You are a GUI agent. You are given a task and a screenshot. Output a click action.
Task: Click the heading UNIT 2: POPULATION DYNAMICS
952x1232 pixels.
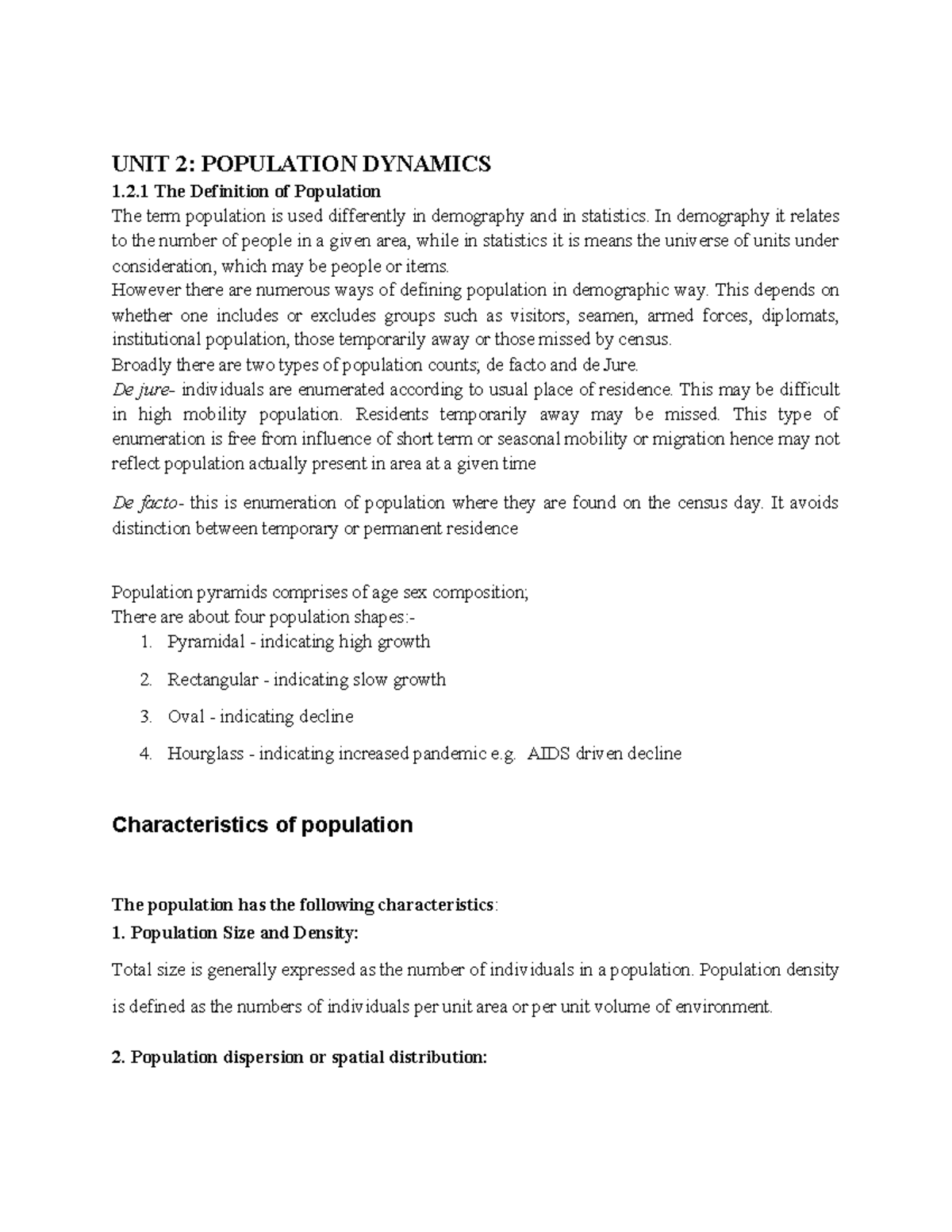(x=301, y=164)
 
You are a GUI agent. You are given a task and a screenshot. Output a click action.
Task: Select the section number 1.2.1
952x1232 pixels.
(x=131, y=191)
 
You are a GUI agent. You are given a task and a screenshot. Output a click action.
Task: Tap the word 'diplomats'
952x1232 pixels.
(x=799, y=316)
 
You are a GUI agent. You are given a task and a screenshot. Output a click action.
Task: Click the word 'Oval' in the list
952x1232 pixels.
(x=186, y=716)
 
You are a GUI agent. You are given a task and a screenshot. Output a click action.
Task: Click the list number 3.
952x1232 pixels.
(x=145, y=716)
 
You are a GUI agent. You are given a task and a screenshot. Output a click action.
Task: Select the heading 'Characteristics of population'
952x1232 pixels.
(x=263, y=825)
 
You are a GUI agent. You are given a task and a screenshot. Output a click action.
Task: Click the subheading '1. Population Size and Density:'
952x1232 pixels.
(x=236, y=933)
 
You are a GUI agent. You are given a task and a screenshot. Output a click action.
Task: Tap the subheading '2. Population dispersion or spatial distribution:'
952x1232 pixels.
(x=299, y=1057)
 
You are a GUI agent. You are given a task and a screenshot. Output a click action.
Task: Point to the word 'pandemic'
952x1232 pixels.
(x=447, y=754)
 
